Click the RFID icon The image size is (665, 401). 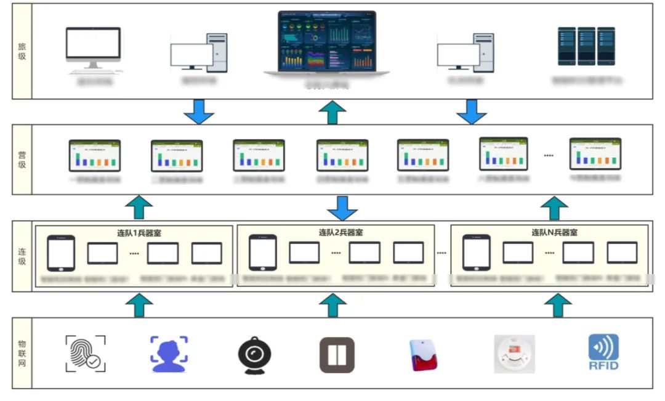pyautogui.click(x=603, y=352)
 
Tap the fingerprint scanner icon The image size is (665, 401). pyautogui.click(x=85, y=354)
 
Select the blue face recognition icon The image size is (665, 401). pyautogui.click(x=169, y=354)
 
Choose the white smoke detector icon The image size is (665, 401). pyautogui.click(x=514, y=354)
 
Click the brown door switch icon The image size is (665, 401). pyautogui.click(x=337, y=355)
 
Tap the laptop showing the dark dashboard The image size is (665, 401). pyautogui.click(x=327, y=44)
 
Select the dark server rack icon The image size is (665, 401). pyautogui.click(x=586, y=46)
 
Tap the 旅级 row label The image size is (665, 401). pyautogui.click(x=22, y=51)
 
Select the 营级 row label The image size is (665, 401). pyautogui.click(x=22, y=160)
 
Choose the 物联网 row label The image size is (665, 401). pyautogui.click(x=22, y=353)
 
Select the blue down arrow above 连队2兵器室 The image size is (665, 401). pyautogui.click(x=342, y=208)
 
